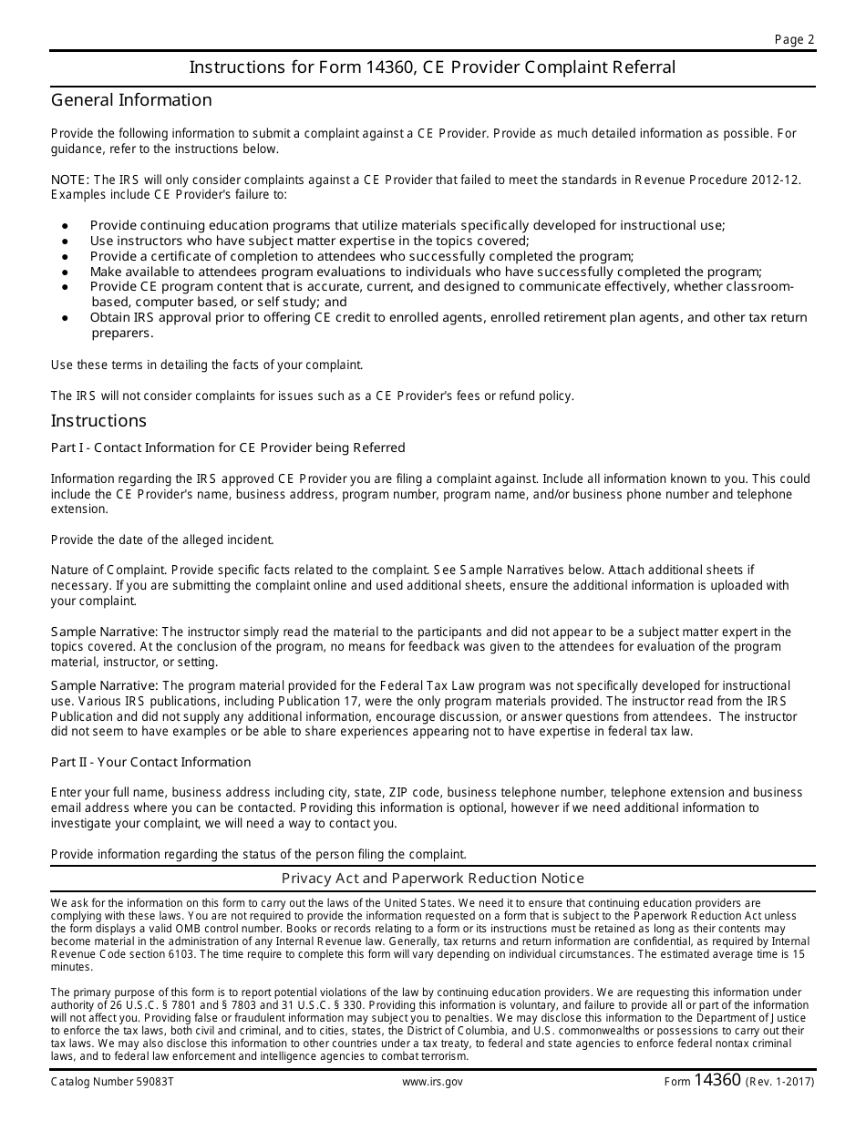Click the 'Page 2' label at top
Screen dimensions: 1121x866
click(794, 39)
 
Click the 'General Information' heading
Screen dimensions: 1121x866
click(131, 100)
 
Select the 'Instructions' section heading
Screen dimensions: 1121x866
click(98, 421)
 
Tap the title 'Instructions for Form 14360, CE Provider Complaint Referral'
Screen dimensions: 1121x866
click(432, 67)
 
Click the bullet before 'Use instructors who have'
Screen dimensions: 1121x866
click(65, 242)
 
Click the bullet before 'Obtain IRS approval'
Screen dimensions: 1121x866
click(65, 318)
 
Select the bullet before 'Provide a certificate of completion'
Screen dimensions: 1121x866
click(65, 257)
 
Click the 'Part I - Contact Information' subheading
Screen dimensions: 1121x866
click(228, 447)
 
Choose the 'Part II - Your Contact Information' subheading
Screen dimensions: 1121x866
click(150, 762)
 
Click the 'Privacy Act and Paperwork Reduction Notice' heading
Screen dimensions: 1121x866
click(432, 879)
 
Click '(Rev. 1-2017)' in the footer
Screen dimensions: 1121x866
click(780, 1082)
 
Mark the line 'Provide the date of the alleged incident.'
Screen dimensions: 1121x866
click(162, 540)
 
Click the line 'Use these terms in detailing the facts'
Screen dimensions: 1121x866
click(207, 365)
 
